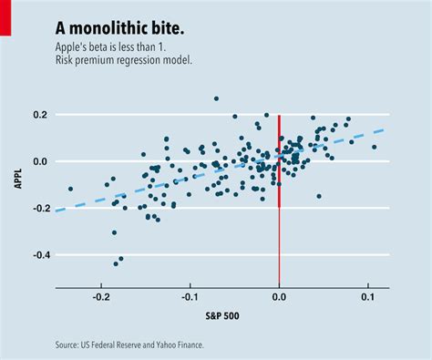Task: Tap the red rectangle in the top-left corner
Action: (5, 18)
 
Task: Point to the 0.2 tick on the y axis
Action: (38, 115)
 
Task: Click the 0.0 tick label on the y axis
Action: (38, 162)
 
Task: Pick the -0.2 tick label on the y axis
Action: (36, 209)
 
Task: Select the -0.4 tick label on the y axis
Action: (36, 255)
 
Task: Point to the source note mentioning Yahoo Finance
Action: (129, 345)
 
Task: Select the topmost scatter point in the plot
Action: (216, 98)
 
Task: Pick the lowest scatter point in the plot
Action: (116, 263)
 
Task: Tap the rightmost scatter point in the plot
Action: (374, 147)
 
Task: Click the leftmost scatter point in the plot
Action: (70, 189)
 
